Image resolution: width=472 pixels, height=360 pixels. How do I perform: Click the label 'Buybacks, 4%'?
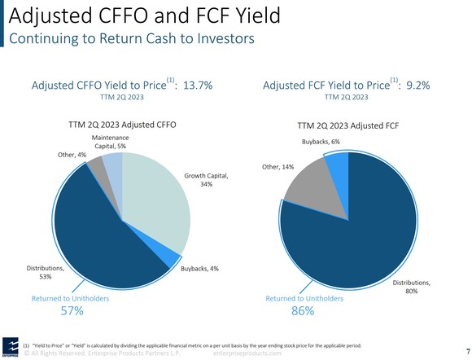coord(200,268)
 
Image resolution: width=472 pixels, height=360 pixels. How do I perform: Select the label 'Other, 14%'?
coord(278,166)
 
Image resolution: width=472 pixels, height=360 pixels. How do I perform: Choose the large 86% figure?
coord(303,310)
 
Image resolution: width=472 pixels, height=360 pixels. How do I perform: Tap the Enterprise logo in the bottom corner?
coord(10,345)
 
